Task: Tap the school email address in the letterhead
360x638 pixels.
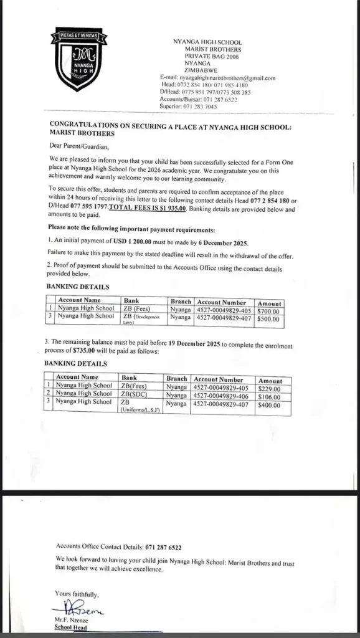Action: click(217, 78)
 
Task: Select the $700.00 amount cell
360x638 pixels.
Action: click(269, 310)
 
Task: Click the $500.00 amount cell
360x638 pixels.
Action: click(269, 318)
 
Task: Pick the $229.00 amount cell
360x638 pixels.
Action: click(269, 389)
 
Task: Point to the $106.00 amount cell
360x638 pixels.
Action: click(269, 397)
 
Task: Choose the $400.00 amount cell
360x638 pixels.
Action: click(269, 405)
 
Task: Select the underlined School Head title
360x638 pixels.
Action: click(71, 628)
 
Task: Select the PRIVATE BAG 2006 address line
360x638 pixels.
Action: click(199, 56)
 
